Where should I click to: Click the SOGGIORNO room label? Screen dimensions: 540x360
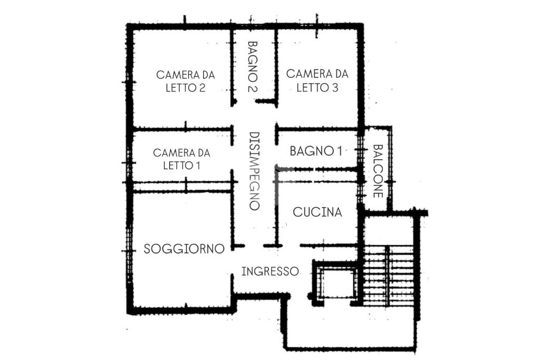pos(184,248)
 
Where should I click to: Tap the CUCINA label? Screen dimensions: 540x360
pos(317,212)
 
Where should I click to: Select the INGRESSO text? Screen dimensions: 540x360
pos(269,271)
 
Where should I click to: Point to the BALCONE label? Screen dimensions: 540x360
pos(378,171)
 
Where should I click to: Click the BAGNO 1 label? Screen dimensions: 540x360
pos(316,151)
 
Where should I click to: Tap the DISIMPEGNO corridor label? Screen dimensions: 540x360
pos(254,171)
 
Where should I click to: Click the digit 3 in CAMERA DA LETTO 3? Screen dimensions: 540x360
pos(335,87)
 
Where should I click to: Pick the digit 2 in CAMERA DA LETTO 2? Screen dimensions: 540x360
pos(202,88)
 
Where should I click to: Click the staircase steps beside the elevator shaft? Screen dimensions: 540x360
pos(389,276)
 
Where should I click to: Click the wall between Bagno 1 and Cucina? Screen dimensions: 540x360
pos(317,169)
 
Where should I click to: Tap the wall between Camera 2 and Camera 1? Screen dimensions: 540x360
pos(182,130)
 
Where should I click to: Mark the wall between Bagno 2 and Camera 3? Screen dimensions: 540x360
pos(276,67)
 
